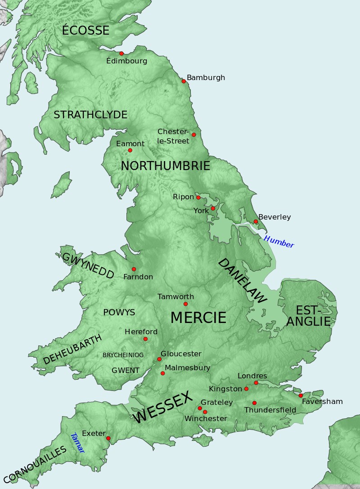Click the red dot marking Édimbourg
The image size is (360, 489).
tap(121, 54)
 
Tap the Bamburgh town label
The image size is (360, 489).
tap(206, 78)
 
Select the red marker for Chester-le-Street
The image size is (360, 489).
tap(194, 135)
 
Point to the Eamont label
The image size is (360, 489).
tap(130, 144)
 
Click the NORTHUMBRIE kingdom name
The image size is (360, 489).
tap(165, 166)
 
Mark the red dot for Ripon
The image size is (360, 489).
tap(198, 197)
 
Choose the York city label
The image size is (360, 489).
tap(201, 211)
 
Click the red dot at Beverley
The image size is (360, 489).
tap(256, 221)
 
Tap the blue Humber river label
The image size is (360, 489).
tap(279, 242)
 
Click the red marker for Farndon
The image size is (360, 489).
tap(134, 269)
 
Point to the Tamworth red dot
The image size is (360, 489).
tap(185, 304)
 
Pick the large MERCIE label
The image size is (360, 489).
tap(198, 318)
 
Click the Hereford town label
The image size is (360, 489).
tap(141, 332)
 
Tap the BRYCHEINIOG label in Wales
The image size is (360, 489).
tap(123, 355)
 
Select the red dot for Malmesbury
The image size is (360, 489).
tap(163, 373)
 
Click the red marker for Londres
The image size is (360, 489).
tap(256, 383)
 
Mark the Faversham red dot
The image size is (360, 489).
tap(301, 395)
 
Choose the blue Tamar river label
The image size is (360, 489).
tap(77, 443)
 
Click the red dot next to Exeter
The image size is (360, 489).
tap(108, 438)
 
